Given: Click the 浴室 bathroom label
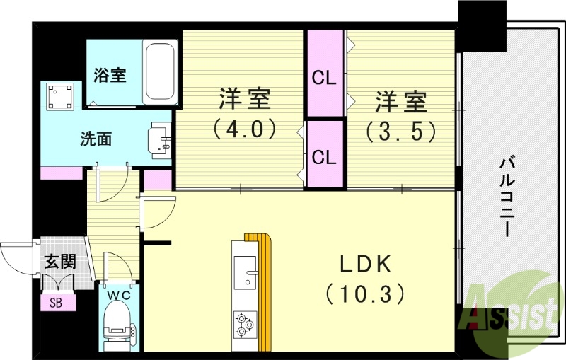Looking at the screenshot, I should (x=110, y=74).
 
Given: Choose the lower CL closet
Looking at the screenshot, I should (x=324, y=157).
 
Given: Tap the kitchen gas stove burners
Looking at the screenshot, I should (x=245, y=323).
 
